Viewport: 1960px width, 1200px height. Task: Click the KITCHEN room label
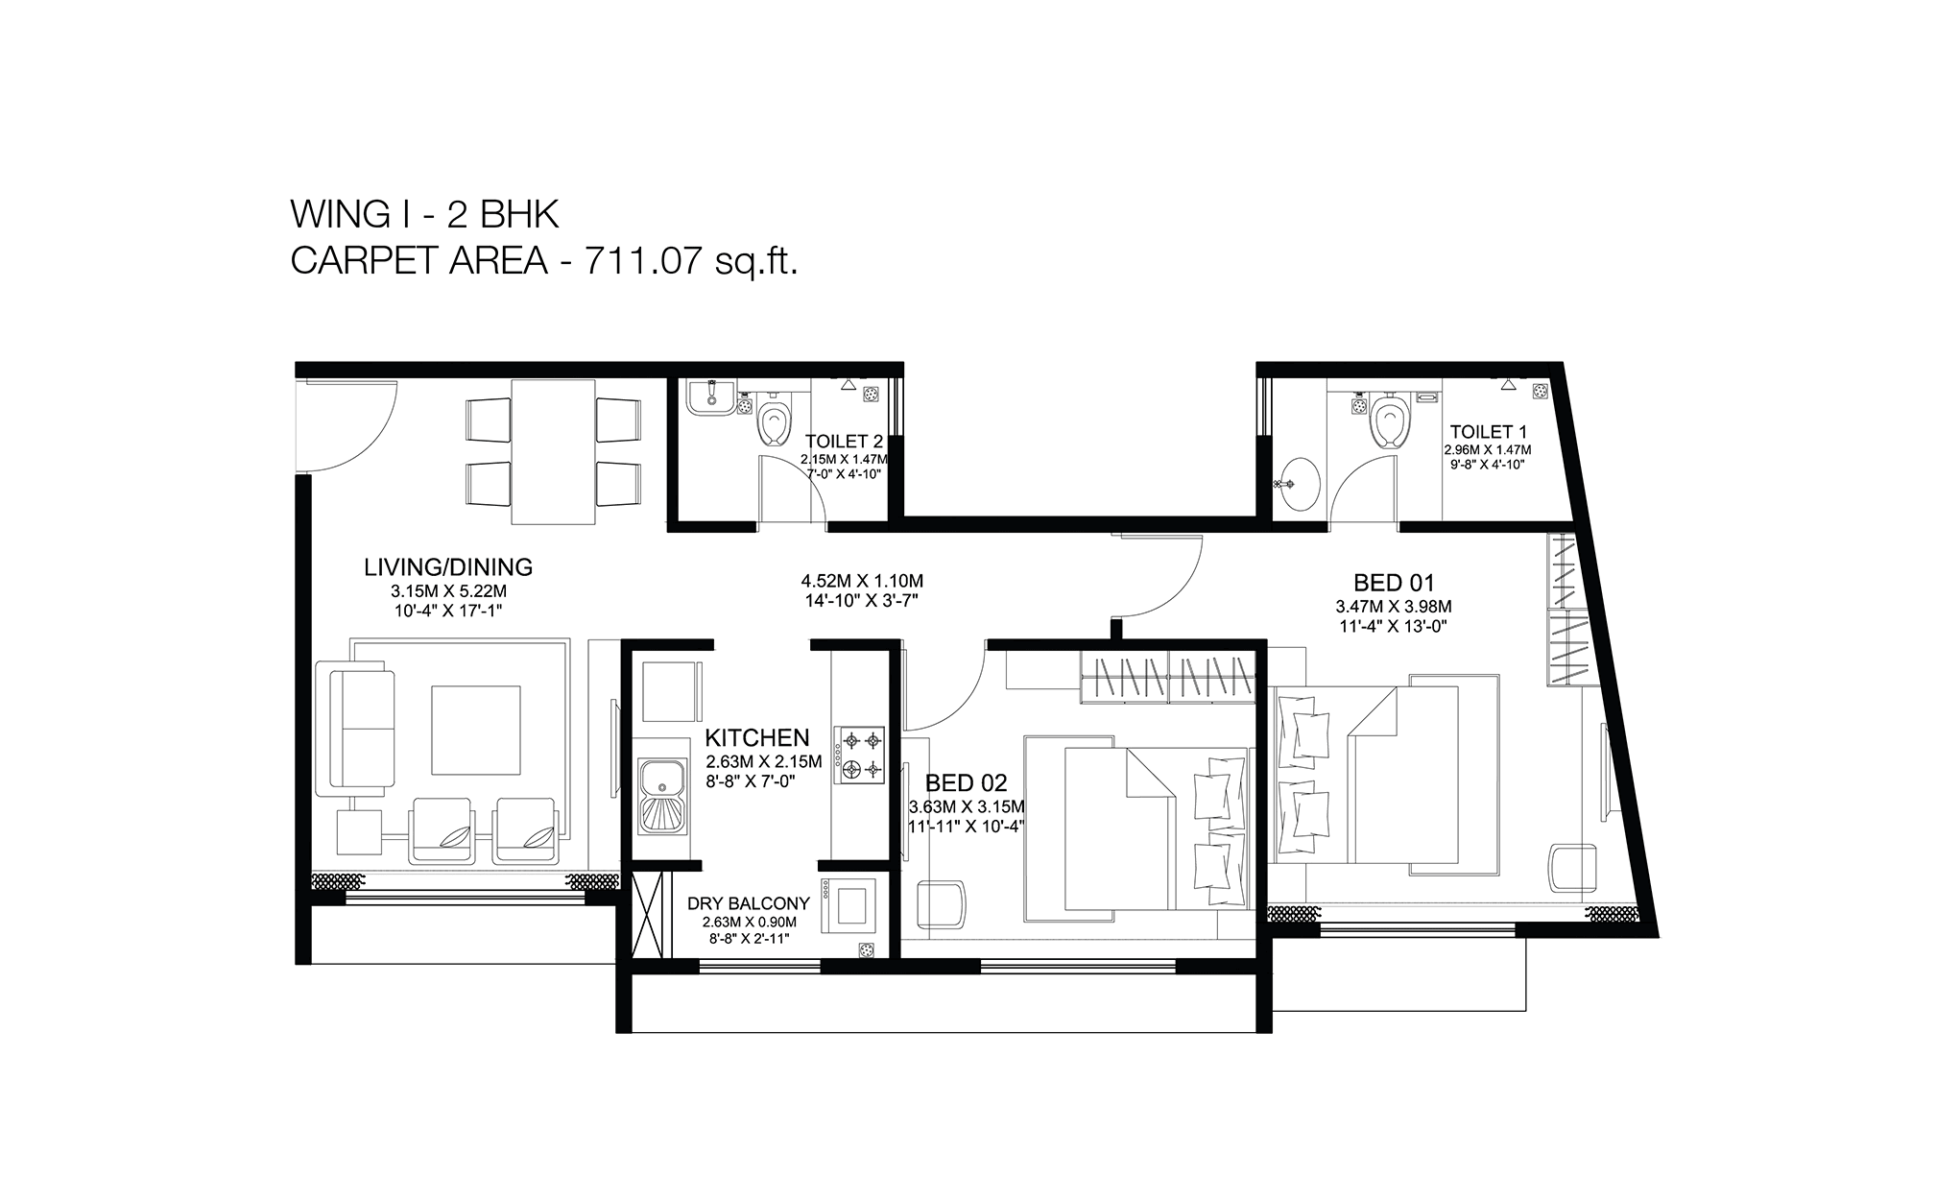(x=757, y=737)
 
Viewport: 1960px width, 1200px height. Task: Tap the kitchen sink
(x=662, y=794)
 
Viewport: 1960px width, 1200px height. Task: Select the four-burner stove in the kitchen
(x=859, y=756)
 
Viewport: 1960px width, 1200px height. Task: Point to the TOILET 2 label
(x=844, y=442)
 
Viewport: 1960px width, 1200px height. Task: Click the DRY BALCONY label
(x=749, y=903)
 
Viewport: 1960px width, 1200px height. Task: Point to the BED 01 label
(x=1394, y=582)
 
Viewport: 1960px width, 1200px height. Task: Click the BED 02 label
(x=967, y=782)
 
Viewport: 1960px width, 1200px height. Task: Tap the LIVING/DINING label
(x=448, y=567)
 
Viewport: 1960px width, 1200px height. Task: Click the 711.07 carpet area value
(x=637, y=261)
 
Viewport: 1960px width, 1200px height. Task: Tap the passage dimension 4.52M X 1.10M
(x=862, y=581)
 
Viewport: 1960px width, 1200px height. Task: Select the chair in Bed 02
(x=942, y=904)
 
